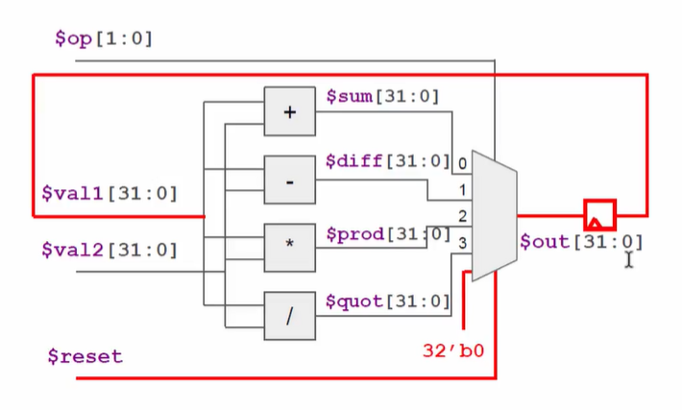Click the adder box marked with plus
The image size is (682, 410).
tap(289, 111)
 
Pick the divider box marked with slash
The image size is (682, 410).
tap(289, 314)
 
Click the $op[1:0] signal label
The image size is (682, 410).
tap(104, 38)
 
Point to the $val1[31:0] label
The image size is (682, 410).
tap(109, 193)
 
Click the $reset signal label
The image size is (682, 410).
tap(85, 356)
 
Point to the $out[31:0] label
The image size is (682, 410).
tap(580, 242)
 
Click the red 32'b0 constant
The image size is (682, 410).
tap(452, 350)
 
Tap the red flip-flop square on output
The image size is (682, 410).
tap(599, 214)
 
